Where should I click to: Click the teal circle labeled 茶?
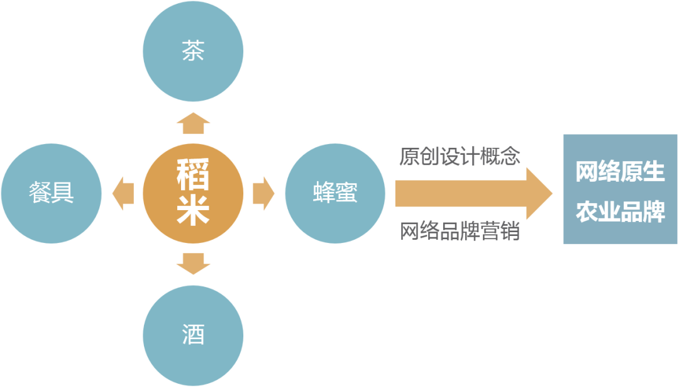click(x=192, y=52)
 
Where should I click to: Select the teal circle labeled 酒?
click(x=192, y=334)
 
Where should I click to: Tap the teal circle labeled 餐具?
click(x=51, y=193)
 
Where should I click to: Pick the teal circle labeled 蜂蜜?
click(x=334, y=193)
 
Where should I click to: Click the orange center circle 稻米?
click(x=192, y=193)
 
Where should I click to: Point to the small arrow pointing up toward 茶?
click(x=192, y=124)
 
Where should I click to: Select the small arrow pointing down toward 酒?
click(x=192, y=262)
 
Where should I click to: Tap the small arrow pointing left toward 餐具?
click(x=123, y=193)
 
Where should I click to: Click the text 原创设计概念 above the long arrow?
click(x=460, y=155)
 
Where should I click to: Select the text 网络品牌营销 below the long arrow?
click(x=460, y=231)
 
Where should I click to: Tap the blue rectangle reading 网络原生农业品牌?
click(x=620, y=189)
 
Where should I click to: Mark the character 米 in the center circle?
click(x=192, y=211)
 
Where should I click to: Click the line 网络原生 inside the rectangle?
click(x=620, y=172)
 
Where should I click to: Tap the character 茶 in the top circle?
click(x=192, y=52)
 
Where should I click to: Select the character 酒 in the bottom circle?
click(x=192, y=334)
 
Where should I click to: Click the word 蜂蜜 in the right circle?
click(x=334, y=193)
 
